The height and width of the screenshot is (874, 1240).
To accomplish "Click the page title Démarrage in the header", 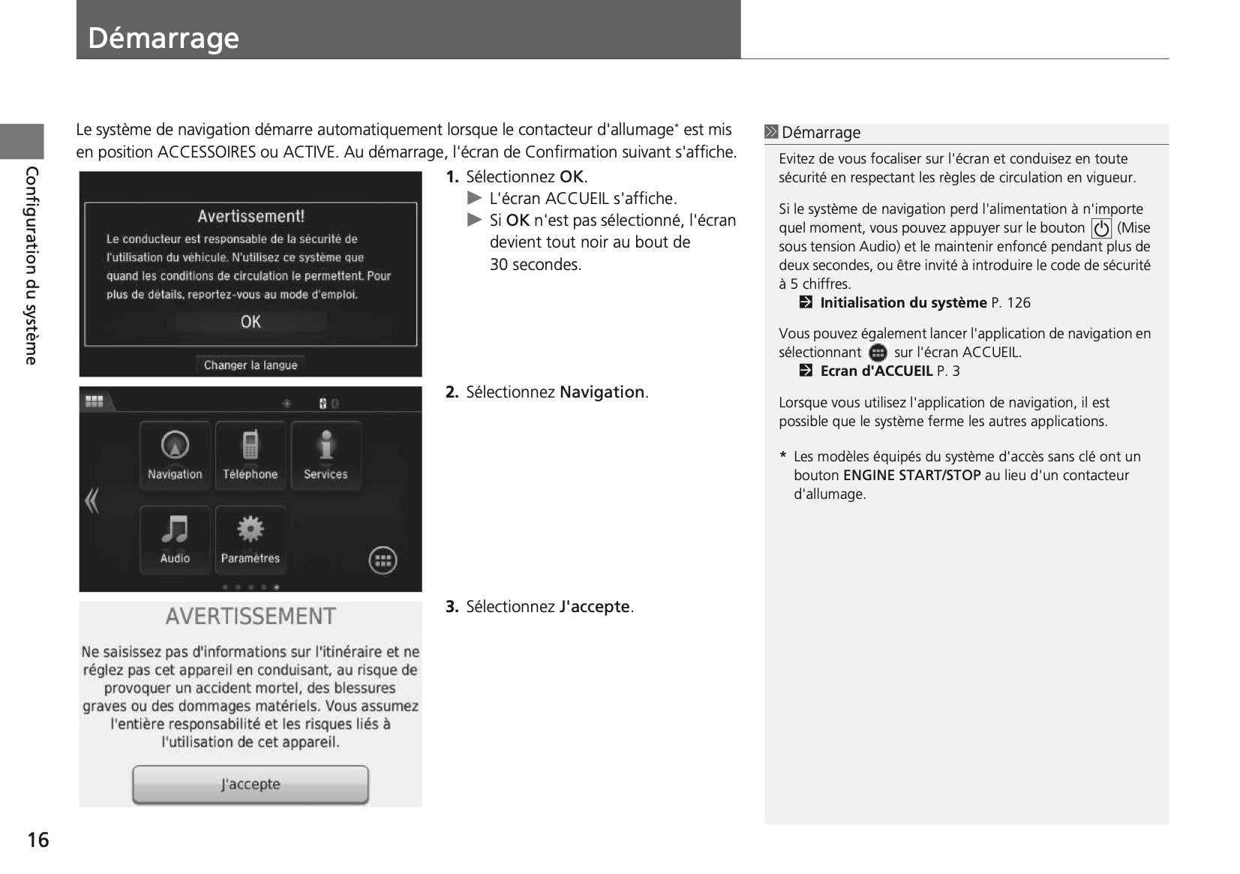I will point(164,38).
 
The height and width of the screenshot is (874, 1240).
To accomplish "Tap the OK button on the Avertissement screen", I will point(251,322).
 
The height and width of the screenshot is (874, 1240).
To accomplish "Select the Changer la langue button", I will point(251,365).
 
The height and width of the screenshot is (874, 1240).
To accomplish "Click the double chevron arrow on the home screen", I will point(92,500).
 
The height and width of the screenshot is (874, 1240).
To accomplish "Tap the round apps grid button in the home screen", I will point(383,560).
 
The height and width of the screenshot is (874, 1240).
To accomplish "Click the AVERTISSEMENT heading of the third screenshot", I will point(251,617).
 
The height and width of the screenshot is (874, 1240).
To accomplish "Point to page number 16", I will point(38,840).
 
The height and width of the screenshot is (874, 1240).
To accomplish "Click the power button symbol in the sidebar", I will point(1101,228).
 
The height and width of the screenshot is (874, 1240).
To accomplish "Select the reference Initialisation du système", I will point(903,303).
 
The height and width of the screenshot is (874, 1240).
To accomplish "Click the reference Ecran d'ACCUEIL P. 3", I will point(890,371).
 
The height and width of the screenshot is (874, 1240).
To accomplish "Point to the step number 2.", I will point(452,392).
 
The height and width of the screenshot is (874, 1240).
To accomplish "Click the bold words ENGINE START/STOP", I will point(911,476).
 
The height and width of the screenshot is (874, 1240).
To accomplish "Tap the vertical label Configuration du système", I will point(32,266).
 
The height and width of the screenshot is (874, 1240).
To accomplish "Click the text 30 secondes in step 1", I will point(535,265).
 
